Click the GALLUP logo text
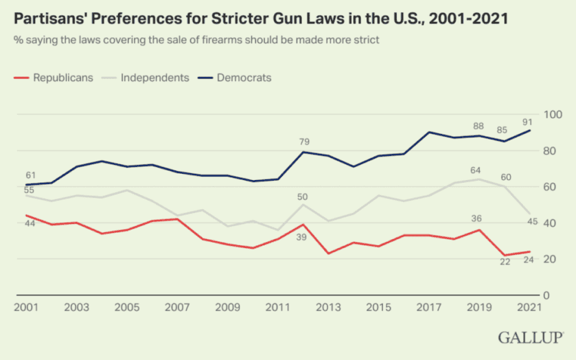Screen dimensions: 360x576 (x=531, y=337)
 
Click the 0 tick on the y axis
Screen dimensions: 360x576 (x=546, y=295)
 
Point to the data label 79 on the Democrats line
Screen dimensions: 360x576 (x=304, y=142)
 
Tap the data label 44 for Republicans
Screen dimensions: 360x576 (x=30, y=224)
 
